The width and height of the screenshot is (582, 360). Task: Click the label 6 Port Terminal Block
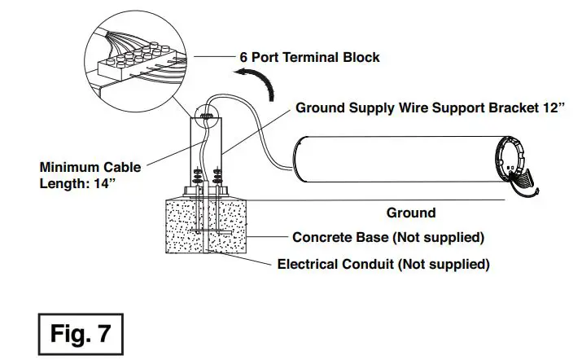(309, 58)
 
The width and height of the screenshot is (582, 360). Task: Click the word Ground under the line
(410, 213)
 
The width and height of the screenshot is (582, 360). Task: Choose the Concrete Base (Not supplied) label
(388, 238)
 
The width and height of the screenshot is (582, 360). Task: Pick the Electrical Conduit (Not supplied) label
(383, 264)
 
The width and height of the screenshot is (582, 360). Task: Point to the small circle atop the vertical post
(207, 117)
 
